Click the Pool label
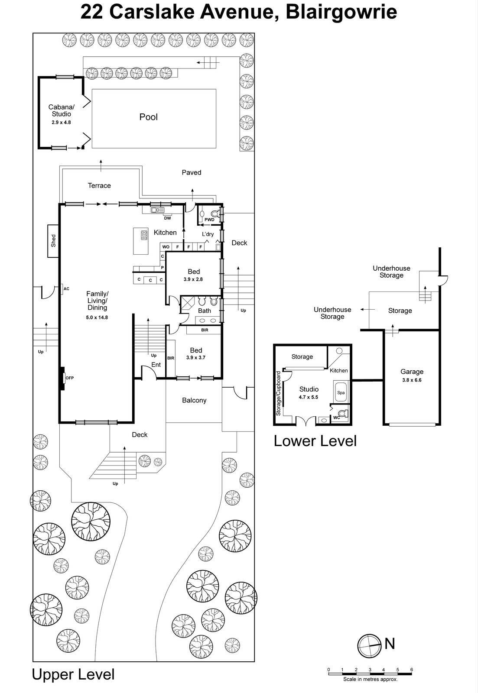(148, 117)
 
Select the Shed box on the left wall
(53, 241)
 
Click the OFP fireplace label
(69, 378)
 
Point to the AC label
(66, 288)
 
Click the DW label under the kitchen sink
(167, 218)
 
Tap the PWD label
(209, 220)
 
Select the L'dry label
(208, 234)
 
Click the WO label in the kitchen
(166, 247)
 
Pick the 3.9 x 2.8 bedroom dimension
(193, 279)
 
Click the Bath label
(205, 311)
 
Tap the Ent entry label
(156, 365)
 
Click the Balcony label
(194, 400)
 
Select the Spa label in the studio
(341, 393)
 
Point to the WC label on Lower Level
(336, 418)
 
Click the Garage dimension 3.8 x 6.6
(412, 380)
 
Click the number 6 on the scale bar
(411, 670)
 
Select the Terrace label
(99, 185)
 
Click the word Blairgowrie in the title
(341, 12)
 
